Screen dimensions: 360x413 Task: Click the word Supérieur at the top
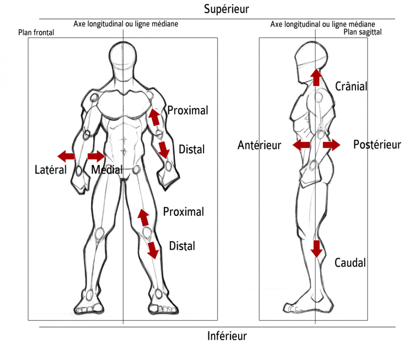[x=226, y=9]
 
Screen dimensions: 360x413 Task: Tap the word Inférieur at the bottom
[x=227, y=336]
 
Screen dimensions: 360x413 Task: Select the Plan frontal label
[x=36, y=33]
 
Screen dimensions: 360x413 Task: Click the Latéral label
[x=50, y=169]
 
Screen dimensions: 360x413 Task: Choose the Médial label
[x=106, y=169]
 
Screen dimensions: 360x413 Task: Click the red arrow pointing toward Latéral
[x=66, y=156]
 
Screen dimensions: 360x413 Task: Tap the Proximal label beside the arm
[x=188, y=110]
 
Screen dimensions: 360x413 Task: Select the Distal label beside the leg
[x=182, y=246]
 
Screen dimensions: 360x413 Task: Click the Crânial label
[x=351, y=87]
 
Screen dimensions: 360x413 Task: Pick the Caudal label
[x=350, y=263]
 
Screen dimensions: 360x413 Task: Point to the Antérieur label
[x=259, y=145]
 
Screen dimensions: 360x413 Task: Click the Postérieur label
[x=377, y=144]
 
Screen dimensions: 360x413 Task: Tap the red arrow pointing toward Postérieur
[x=331, y=144]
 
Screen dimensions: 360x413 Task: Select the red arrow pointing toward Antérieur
[x=301, y=144]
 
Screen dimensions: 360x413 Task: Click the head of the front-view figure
[x=123, y=62]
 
